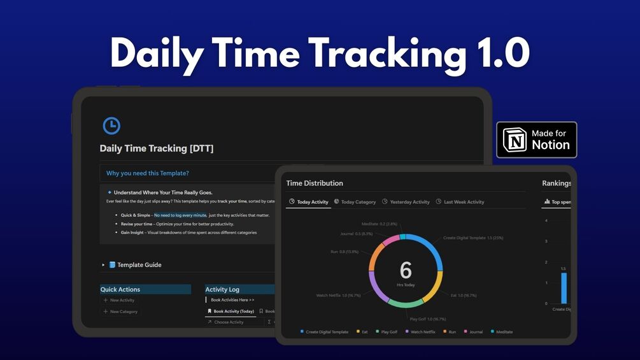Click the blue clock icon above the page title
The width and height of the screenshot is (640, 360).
click(x=111, y=126)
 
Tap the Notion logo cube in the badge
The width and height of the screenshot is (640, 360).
click(x=515, y=140)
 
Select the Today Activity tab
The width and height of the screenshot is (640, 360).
click(x=309, y=202)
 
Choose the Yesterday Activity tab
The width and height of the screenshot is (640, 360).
click(x=406, y=202)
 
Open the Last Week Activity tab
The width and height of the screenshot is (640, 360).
click(x=460, y=202)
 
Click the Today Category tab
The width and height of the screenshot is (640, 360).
click(x=355, y=202)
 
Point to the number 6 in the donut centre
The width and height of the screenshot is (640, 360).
click(x=406, y=270)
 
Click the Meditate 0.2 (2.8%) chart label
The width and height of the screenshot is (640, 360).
click(x=379, y=224)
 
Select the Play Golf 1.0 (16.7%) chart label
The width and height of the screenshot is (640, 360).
click(x=427, y=319)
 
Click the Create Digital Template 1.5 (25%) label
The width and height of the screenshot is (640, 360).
click(x=473, y=238)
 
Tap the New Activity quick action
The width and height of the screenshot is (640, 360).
click(x=122, y=300)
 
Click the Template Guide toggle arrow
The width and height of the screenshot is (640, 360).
click(x=103, y=265)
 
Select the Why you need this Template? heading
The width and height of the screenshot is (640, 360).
click(x=147, y=173)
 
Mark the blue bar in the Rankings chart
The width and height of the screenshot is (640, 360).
click(x=564, y=288)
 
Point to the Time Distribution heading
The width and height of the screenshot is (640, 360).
click(x=315, y=183)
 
